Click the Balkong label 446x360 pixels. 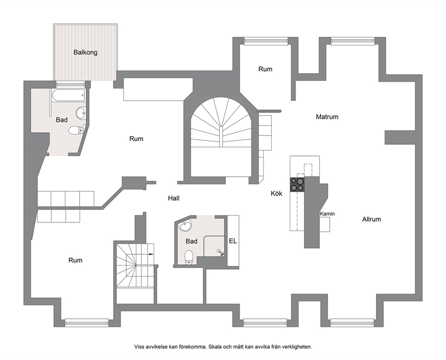[85, 52]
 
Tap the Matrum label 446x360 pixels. [327, 117]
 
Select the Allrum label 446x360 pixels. [371, 219]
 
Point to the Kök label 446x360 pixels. [277, 193]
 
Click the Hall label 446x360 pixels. [174, 198]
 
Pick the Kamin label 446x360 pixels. [327, 214]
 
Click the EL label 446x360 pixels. [233, 241]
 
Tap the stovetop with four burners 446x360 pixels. [297, 184]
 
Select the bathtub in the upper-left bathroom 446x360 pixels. [68, 95]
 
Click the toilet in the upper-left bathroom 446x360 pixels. [76, 130]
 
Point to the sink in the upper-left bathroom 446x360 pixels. [81, 113]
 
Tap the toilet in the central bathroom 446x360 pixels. [189, 257]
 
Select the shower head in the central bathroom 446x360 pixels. [220, 252]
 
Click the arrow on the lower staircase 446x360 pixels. [151, 253]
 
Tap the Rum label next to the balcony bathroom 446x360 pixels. [136, 139]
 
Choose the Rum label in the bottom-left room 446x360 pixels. [76, 260]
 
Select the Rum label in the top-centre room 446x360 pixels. [265, 69]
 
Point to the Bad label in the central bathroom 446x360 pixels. [192, 241]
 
